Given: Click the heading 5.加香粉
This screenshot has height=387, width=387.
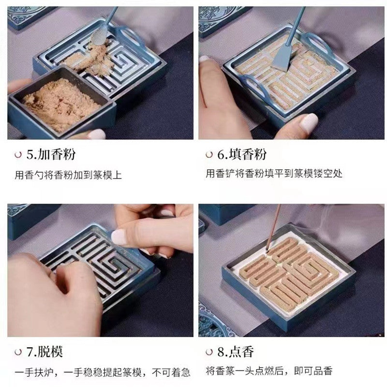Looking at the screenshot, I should (x=50, y=155).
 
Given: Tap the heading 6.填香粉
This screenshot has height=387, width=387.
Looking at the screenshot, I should (x=241, y=155).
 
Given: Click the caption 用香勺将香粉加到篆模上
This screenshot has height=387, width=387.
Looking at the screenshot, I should (x=68, y=174).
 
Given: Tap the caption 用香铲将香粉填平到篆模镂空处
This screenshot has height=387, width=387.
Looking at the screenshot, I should (x=274, y=174).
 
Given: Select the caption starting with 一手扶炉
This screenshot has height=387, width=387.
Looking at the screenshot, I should (x=102, y=372).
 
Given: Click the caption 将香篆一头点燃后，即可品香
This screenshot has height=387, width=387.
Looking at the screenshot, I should (x=269, y=372).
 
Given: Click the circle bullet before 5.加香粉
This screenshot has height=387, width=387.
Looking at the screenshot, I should (x=18, y=155).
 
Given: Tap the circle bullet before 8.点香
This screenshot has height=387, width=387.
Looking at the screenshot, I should (x=209, y=352).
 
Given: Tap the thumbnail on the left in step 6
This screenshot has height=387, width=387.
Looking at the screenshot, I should (x=204, y=59).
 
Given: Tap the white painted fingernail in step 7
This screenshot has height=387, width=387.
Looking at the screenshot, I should (x=119, y=237).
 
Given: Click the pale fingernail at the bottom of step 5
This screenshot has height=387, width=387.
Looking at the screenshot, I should (x=97, y=134).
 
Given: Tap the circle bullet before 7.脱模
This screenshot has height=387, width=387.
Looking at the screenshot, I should (x=18, y=352).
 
